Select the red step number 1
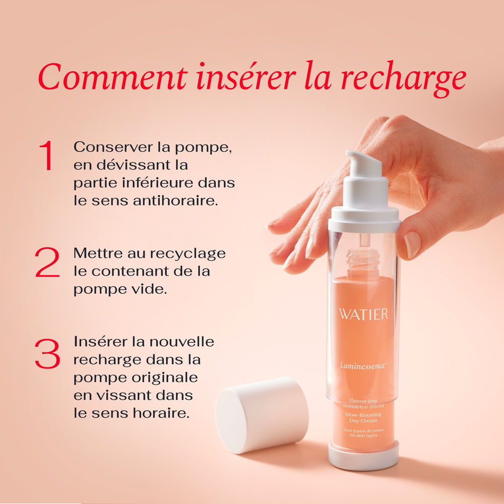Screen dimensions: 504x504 click(x=46, y=156)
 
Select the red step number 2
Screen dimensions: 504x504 click(x=47, y=263)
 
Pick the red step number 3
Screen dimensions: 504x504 click(x=47, y=353)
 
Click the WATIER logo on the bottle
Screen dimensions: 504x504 click(x=363, y=314)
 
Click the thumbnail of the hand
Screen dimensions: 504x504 click(x=412, y=243)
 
